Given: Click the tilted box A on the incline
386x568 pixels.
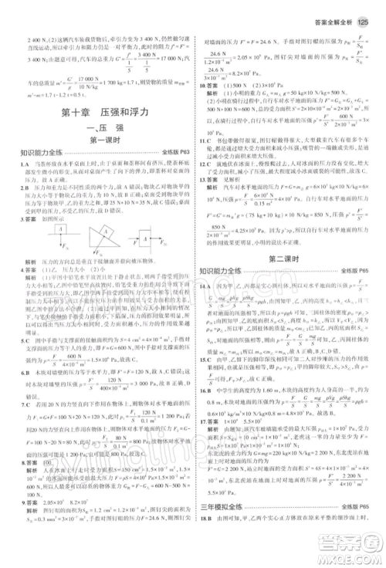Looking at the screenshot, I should pos(105,230).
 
